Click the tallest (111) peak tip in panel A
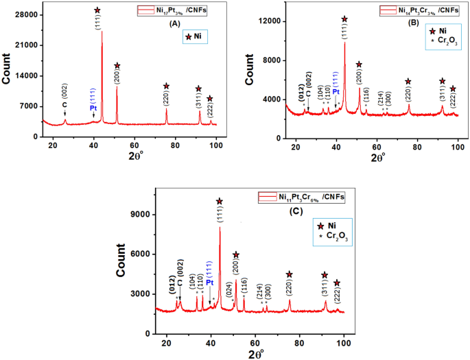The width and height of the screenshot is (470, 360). coord(102,32)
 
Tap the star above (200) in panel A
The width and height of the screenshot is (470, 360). coord(117,66)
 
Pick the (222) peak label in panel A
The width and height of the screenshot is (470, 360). coord(210,112)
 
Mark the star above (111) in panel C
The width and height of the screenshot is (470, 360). coord(220,202)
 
